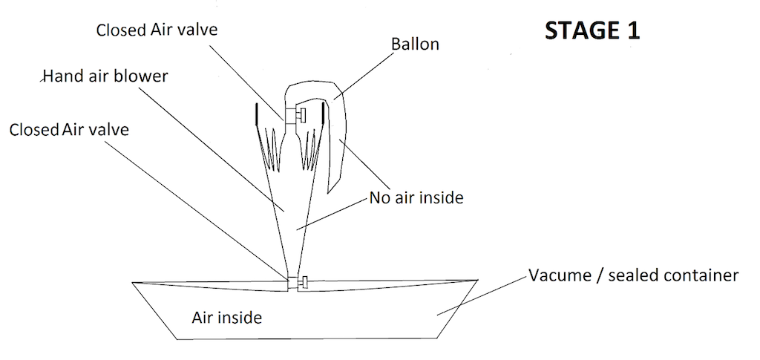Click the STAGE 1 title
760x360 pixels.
(592, 30)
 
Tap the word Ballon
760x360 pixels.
(415, 45)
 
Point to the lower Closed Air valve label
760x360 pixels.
(69, 130)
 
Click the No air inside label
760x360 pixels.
(416, 197)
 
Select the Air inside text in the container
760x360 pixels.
(226, 318)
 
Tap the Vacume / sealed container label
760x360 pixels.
(633, 276)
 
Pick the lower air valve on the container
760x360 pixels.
(298, 282)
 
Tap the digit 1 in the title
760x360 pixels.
(632, 30)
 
